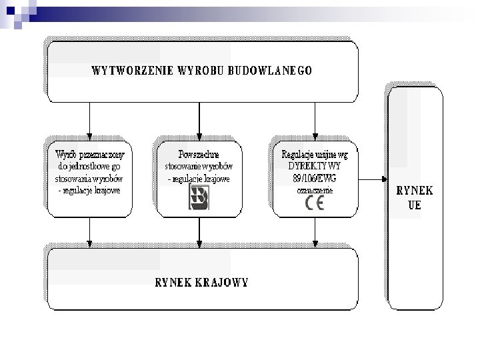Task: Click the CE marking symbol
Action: [x=314, y=204]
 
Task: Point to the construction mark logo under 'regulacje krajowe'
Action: [x=199, y=198]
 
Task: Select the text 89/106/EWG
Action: [x=314, y=179]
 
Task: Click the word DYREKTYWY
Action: [x=315, y=166]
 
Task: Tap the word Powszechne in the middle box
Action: [x=199, y=154]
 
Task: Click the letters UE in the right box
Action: [x=415, y=205]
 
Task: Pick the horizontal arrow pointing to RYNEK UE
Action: [x=373, y=179]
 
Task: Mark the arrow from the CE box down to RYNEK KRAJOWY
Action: [x=314, y=231]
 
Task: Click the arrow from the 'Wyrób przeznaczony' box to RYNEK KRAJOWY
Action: [x=89, y=231]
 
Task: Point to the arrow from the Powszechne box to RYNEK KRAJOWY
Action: [x=199, y=231]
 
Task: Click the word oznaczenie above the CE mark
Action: [x=314, y=190]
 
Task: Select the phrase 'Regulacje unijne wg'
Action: [x=315, y=154]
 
